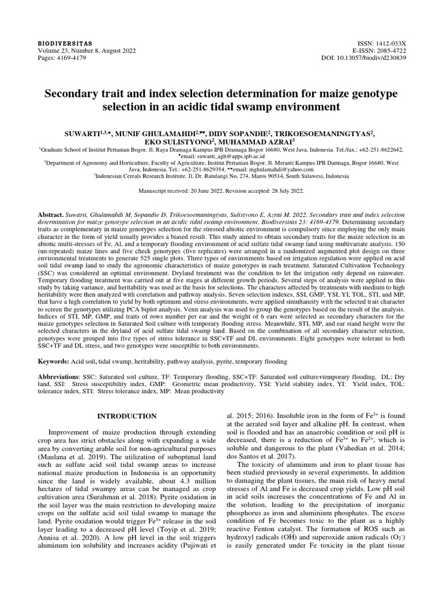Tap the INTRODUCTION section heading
click(x=126, y=416)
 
